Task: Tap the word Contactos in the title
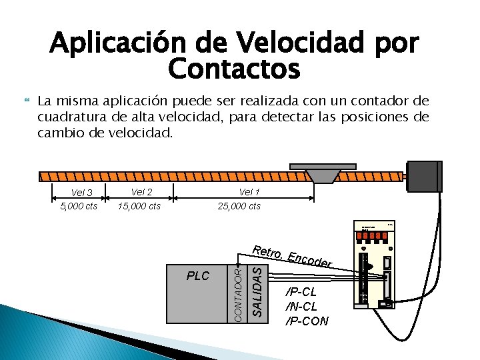pyautogui.click(x=234, y=68)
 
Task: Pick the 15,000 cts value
pyautogui.click(x=139, y=206)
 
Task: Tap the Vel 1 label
pyautogui.click(x=249, y=193)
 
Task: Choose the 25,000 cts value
pyautogui.click(x=239, y=206)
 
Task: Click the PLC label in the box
pyautogui.click(x=198, y=276)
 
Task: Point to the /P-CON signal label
pyautogui.click(x=307, y=321)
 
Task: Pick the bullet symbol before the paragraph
pyautogui.click(x=27, y=102)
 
